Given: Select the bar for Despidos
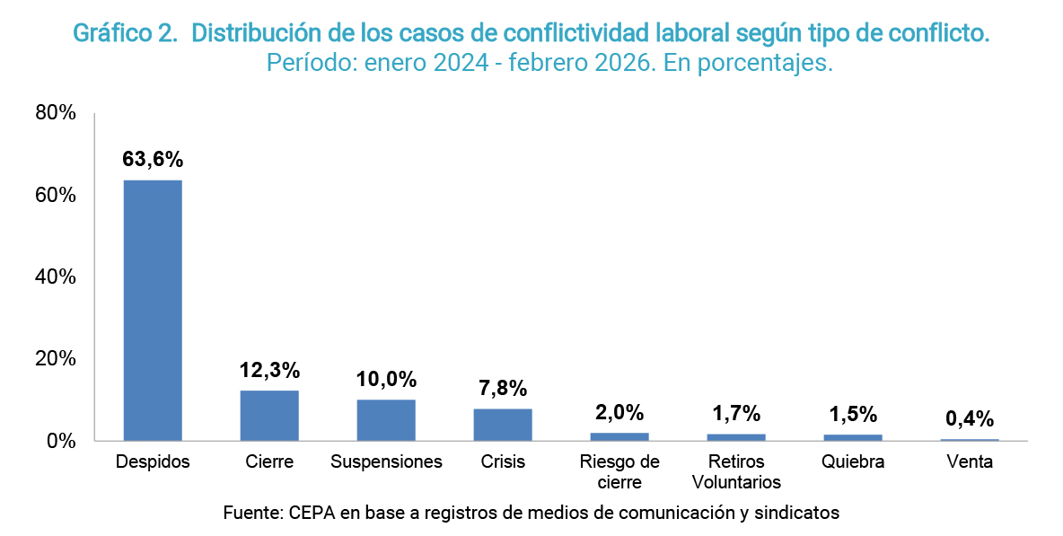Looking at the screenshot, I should [153, 310].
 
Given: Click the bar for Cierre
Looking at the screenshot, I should [269, 416].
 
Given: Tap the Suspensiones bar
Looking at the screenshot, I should [386, 420].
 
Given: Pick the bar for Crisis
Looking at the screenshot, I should [503, 425].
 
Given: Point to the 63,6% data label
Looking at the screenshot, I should [153, 160].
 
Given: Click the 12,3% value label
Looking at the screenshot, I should [269, 370].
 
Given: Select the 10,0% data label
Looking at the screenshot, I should [386, 379].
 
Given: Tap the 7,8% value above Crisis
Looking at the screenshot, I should [503, 389].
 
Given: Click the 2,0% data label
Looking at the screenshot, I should [619, 413].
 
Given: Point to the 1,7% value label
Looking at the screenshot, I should [736, 414].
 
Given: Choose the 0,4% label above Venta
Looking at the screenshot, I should [970, 418].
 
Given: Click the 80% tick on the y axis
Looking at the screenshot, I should [56, 113].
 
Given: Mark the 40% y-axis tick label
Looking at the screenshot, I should [56, 277].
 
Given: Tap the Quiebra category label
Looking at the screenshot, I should [853, 462].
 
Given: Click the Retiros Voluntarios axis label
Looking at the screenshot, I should [736, 472].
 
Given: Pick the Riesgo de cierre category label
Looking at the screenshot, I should [619, 472].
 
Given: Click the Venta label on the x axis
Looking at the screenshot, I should [970, 462].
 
